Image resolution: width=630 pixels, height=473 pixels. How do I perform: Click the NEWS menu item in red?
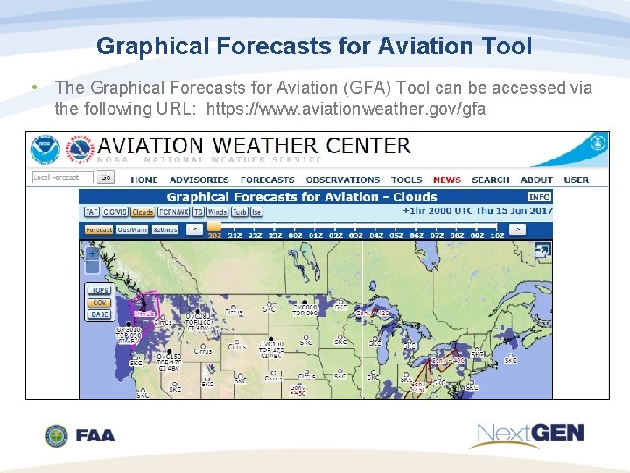[x=446, y=180]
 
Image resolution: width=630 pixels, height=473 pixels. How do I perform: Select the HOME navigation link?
[x=144, y=180]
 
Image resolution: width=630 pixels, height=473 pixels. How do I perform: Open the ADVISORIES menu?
[x=199, y=180]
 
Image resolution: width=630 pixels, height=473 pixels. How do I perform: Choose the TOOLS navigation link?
[x=406, y=180]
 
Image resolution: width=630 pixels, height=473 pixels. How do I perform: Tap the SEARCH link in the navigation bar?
[x=490, y=180]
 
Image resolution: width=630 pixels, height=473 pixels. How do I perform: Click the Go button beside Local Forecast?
[x=106, y=177]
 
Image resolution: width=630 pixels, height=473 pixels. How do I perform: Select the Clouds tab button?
[x=143, y=212]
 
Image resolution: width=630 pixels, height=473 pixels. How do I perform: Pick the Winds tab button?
[x=217, y=212]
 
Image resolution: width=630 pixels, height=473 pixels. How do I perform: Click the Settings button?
[x=165, y=229]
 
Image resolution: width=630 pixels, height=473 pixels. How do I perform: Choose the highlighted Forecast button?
[x=99, y=229]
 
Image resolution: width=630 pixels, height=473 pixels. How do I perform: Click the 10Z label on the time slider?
[x=497, y=235]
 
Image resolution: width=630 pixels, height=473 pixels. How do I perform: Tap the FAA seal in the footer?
[x=57, y=435]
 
